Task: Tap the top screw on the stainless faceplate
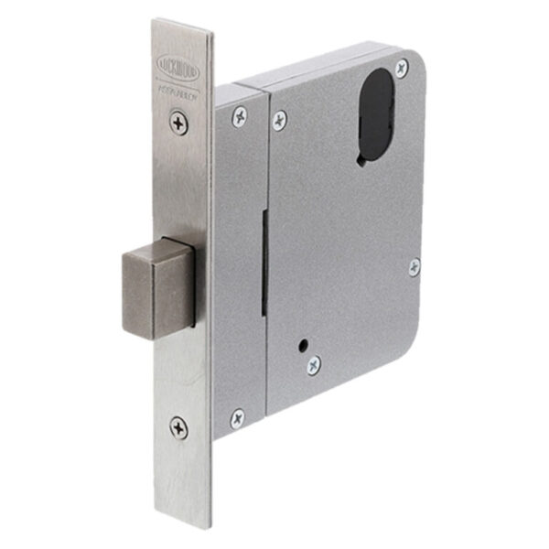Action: click(179, 122)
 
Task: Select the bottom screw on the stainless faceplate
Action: click(179, 425)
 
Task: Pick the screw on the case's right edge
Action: click(414, 266)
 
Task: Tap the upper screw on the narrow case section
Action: click(240, 115)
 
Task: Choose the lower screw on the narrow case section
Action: click(237, 417)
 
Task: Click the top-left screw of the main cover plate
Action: click(279, 119)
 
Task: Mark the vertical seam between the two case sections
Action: click(268, 274)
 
